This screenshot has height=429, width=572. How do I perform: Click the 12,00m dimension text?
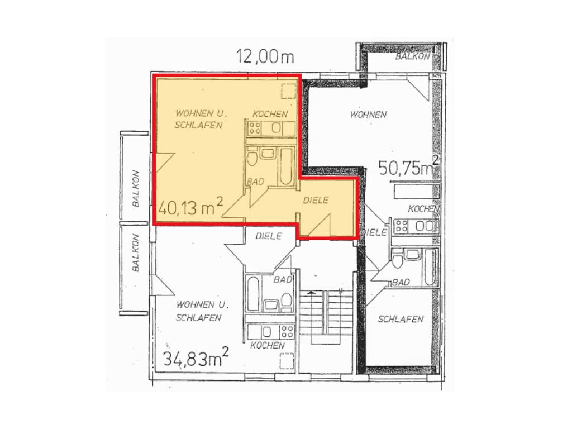tap(265, 56)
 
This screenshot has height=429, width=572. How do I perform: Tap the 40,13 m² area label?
tap(191, 208)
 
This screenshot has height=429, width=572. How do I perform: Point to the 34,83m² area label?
tap(196, 357)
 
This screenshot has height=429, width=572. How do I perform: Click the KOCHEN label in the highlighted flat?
tap(270, 114)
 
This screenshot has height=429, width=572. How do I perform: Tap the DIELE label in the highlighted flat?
tap(316, 200)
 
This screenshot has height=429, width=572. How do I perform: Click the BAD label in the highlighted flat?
tap(255, 182)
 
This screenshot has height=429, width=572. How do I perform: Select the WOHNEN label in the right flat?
tap(369, 115)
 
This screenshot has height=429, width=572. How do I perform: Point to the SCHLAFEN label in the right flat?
tap(401, 319)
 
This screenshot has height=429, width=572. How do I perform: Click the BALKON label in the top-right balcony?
tap(413, 56)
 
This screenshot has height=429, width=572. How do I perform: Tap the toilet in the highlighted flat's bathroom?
tap(252, 157)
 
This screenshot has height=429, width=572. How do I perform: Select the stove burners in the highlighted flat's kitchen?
tap(255, 128)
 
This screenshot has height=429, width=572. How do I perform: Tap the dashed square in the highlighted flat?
tap(288, 91)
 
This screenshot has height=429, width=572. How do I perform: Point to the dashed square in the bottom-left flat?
tap(287, 361)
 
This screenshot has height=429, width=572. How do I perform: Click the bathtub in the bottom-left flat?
tap(253, 294)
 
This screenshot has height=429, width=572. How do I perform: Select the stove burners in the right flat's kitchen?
tap(402, 226)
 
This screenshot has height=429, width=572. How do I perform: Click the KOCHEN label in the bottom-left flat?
tap(268, 345)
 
